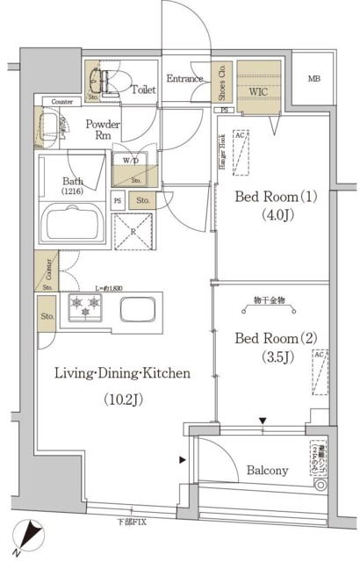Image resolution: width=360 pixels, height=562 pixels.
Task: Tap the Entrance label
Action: point(184,77)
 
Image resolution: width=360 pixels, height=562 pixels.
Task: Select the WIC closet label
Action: point(257,90)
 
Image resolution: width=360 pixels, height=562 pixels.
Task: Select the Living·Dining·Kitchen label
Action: point(123,373)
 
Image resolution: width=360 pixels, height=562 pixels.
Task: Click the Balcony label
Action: point(267,471)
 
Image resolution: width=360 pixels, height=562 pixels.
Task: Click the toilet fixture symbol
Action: point(104,79)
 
